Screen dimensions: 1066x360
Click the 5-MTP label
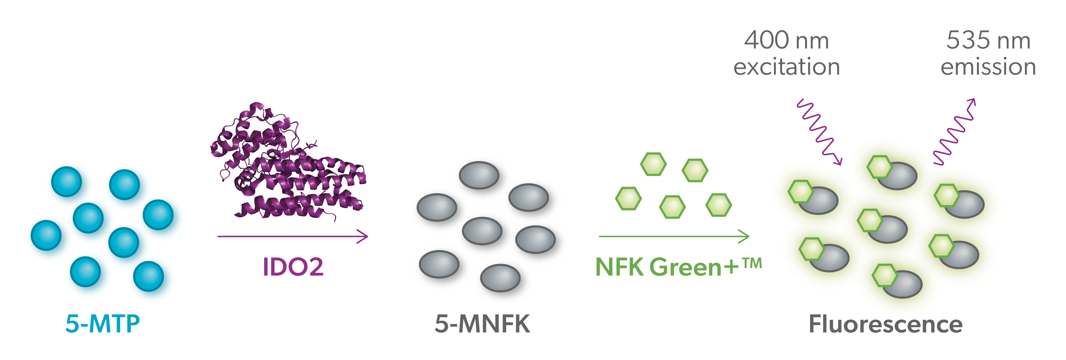tap(103, 324)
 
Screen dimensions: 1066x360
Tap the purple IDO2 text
tap(293, 267)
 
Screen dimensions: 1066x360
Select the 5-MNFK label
tap(482, 324)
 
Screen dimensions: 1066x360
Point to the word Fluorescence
tap(886, 324)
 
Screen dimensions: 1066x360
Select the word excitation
tap(787, 67)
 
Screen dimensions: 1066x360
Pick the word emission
tap(988, 67)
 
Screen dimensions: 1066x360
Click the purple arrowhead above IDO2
tap(363, 237)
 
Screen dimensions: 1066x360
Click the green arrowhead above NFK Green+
tap(744, 237)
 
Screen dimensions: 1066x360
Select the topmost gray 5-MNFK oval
tap(479, 175)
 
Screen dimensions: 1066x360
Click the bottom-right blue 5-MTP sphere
tap(148, 276)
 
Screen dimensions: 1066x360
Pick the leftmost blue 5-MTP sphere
tap(46, 235)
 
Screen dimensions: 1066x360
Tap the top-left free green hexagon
tap(653, 164)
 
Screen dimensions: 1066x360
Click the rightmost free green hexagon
tap(718, 205)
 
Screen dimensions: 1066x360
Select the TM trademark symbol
tap(751, 263)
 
